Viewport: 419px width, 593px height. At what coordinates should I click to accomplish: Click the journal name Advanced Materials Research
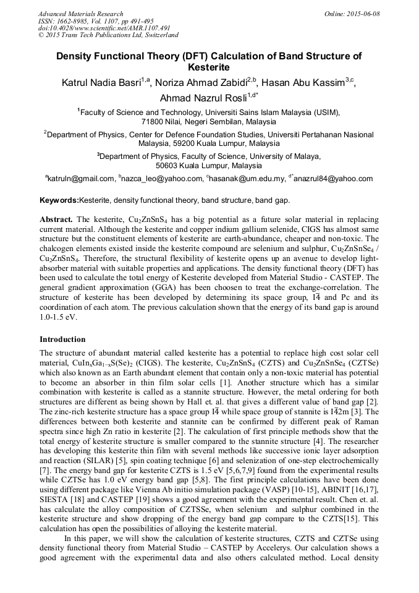(81, 14)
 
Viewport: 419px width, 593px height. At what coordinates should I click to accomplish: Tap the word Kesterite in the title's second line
(209, 67)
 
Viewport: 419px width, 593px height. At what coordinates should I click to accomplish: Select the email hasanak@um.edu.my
(248, 179)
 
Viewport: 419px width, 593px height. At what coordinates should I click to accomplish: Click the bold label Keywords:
(59, 200)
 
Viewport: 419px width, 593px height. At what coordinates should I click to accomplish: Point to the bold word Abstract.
(56, 220)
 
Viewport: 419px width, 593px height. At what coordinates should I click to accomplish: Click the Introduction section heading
(62, 339)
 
